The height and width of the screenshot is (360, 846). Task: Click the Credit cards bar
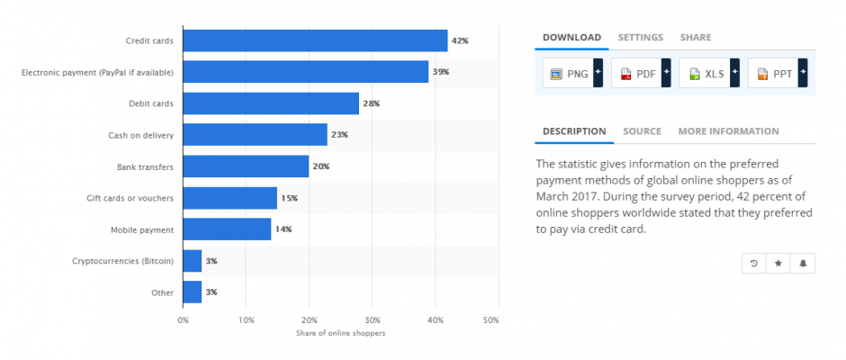click(315, 40)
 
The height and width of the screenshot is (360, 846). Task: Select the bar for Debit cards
click(271, 103)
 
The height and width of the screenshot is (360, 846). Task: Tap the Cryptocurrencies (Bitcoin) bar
click(192, 261)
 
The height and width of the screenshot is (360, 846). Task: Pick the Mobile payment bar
click(227, 229)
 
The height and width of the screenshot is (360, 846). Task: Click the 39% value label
click(440, 72)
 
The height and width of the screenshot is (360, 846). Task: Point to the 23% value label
click(339, 135)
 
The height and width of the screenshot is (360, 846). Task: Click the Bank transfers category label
click(146, 166)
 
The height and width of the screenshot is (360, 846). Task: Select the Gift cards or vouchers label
click(131, 198)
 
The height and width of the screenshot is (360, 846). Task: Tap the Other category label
click(163, 292)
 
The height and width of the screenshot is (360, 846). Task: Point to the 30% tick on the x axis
click(372, 319)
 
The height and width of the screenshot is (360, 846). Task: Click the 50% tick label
click(490, 319)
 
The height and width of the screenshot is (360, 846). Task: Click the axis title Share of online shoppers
click(340, 333)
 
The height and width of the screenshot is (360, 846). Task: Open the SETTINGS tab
click(640, 38)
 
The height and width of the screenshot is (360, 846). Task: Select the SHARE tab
click(695, 38)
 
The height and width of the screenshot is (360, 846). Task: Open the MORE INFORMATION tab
click(728, 131)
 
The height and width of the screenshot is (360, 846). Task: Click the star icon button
click(778, 263)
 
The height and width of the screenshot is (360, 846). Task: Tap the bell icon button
click(803, 263)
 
